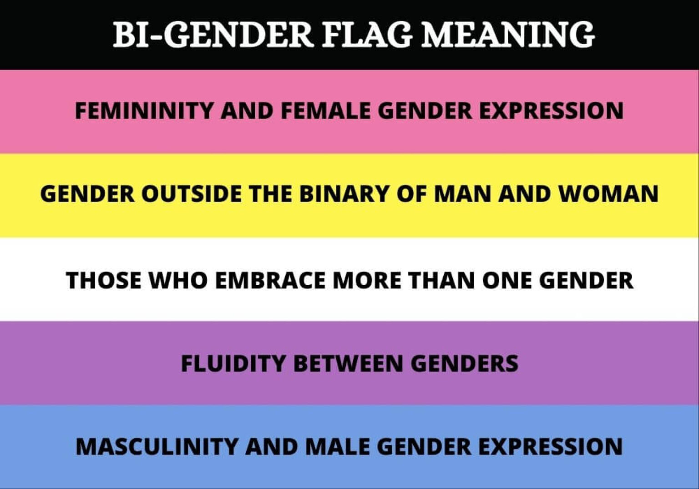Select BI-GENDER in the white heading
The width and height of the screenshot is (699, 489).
[213, 34]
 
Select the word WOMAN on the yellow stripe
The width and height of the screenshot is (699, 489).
[608, 194]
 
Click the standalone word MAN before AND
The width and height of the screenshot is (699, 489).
[461, 194]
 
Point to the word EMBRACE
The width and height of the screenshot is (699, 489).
[270, 280]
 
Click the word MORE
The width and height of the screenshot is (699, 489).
[367, 280]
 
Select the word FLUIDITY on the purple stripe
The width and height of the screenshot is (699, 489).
[233, 363]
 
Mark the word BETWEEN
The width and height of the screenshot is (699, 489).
[348, 363]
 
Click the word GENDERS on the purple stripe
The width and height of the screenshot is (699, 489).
[464, 363]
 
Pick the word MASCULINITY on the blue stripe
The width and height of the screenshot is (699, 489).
[157, 446]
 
